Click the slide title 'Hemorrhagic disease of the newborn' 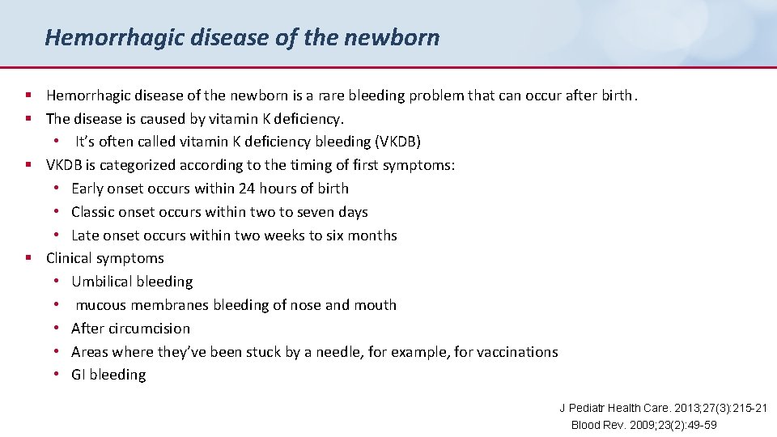242,37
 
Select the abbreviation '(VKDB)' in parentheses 398,142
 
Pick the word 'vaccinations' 517,352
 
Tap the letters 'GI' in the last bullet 79,375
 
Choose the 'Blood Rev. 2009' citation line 643,425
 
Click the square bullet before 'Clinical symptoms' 28,259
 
